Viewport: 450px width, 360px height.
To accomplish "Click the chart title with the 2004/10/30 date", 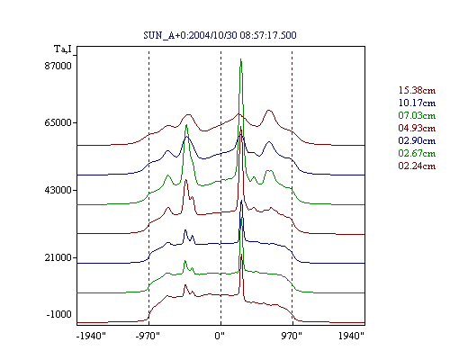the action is [x=220, y=35].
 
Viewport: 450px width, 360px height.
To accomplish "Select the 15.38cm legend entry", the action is [x=417, y=90].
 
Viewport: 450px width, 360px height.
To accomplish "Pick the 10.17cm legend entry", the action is [x=417, y=103].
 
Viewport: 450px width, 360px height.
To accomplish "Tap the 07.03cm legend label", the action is [x=417, y=115].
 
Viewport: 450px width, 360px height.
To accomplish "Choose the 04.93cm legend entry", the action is [x=417, y=128].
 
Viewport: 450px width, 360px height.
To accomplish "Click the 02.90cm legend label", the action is [x=417, y=140].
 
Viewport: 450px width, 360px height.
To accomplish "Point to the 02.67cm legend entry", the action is [x=417, y=153].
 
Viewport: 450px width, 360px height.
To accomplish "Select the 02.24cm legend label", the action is [x=417, y=166].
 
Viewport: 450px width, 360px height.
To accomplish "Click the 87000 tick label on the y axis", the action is [x=58, y=66].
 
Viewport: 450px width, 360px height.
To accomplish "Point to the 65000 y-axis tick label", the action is [x=58, y=122].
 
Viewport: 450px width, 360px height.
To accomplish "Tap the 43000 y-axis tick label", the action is [x=58, y=190].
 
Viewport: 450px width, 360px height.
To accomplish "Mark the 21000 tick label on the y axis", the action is [x=58, y=257].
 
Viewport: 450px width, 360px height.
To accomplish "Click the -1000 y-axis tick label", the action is [x=58, y=314].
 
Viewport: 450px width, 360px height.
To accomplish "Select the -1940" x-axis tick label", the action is [x=91, y=336].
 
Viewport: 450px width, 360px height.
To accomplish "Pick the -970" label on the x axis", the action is [x=148, y=336].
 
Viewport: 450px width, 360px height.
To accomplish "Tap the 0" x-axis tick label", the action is [x=220, y=336].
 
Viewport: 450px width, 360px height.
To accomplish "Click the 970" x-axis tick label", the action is [x=292, y=336].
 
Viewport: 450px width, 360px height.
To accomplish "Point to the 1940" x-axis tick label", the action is [x=351, y=336].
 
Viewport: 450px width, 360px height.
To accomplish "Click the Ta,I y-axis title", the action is [x=63, y=49].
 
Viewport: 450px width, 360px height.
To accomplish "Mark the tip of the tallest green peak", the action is [x=240, y=59].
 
